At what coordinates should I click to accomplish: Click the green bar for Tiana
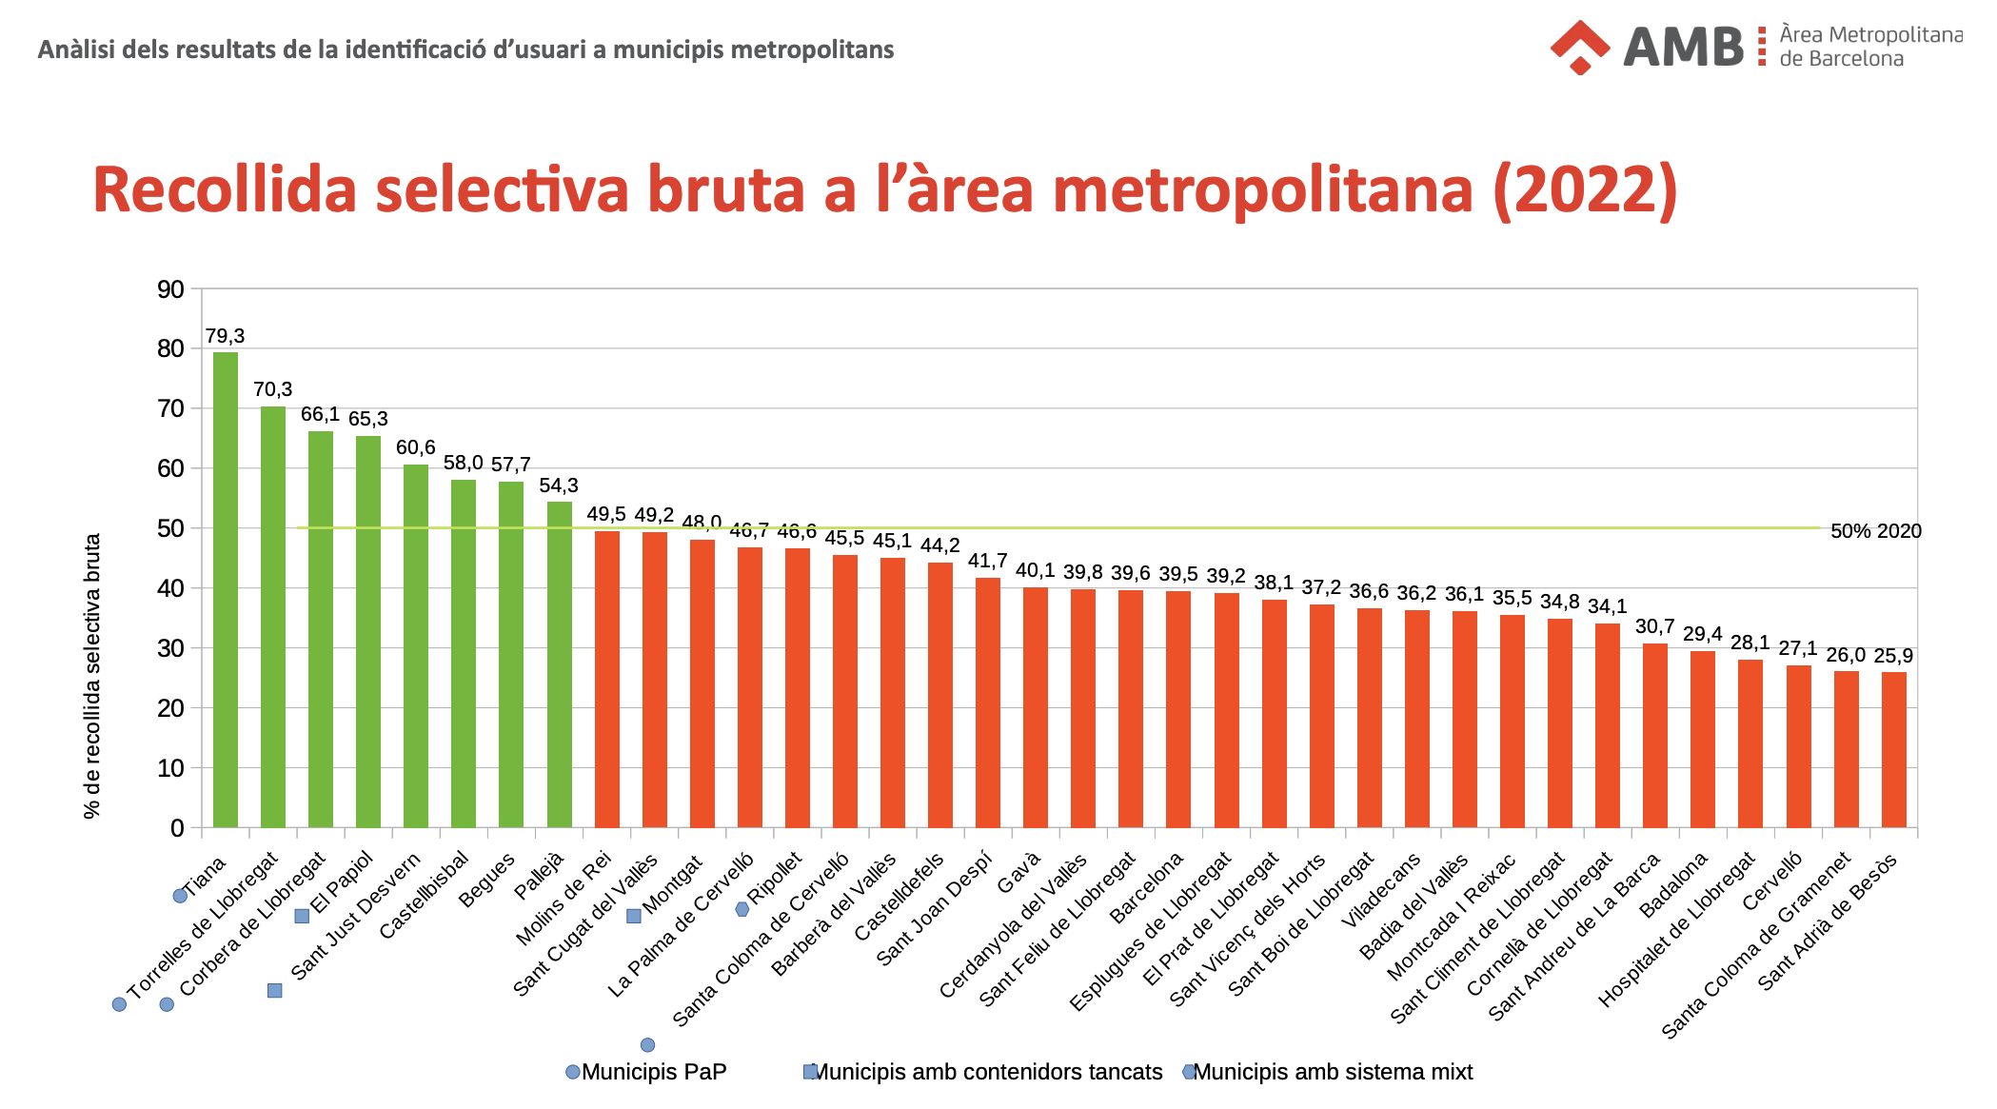point(226,589)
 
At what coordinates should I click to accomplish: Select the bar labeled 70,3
point(273,617)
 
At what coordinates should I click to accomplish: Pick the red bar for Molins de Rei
point(607,679)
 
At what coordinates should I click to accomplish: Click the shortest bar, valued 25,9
point(1894,749)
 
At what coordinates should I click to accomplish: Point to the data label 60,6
point(416,447)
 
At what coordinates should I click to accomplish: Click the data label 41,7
point(988,561)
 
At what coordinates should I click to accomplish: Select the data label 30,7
point(1655,626)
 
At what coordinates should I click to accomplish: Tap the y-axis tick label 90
point(170,289)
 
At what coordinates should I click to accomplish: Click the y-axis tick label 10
point(170,768)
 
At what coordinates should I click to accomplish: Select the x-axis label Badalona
point(1672,885)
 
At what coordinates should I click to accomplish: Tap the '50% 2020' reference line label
point(1876,531)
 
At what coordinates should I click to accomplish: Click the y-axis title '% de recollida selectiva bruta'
point(92,676)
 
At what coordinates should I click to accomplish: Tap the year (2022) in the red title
point(1586,189)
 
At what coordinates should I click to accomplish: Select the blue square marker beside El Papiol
point(302,916)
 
